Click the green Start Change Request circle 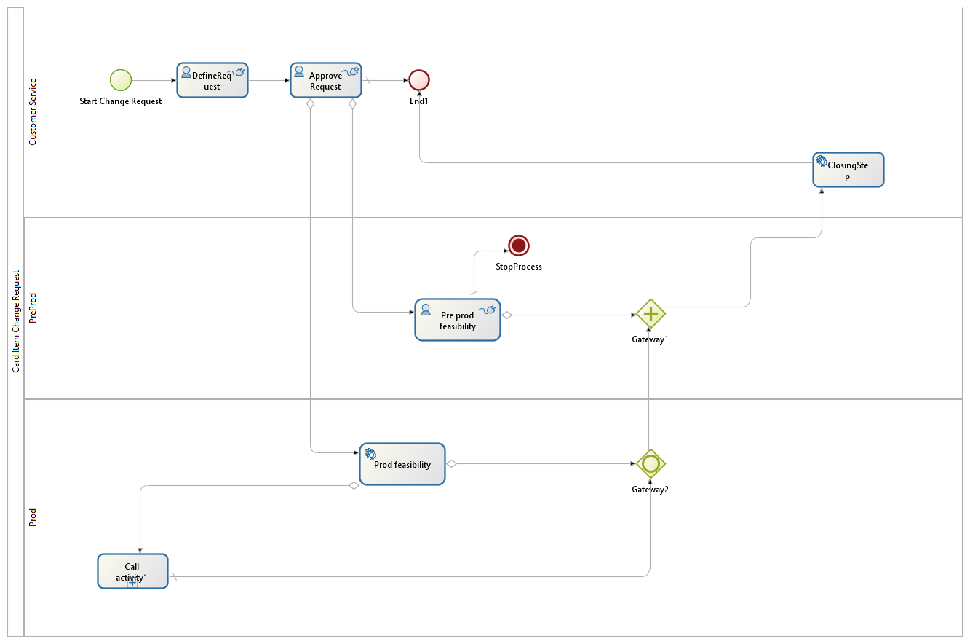point(121,80)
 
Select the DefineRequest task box point(212,80)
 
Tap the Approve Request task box point(326,80)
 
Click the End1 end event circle point(419,80)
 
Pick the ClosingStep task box point(848,170)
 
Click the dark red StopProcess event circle point(518,246)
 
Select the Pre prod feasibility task point(458,320)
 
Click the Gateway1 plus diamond point(651,314)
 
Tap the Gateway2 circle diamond point(651,463)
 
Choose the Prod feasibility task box point(402,464)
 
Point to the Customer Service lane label point(33,112)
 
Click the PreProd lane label point(33,308)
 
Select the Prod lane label point(33,517)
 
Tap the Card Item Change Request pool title point(16,321)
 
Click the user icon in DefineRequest point(186,72)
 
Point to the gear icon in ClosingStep point(822,161)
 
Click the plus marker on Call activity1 point(132,582)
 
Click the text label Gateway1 point(650,339)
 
